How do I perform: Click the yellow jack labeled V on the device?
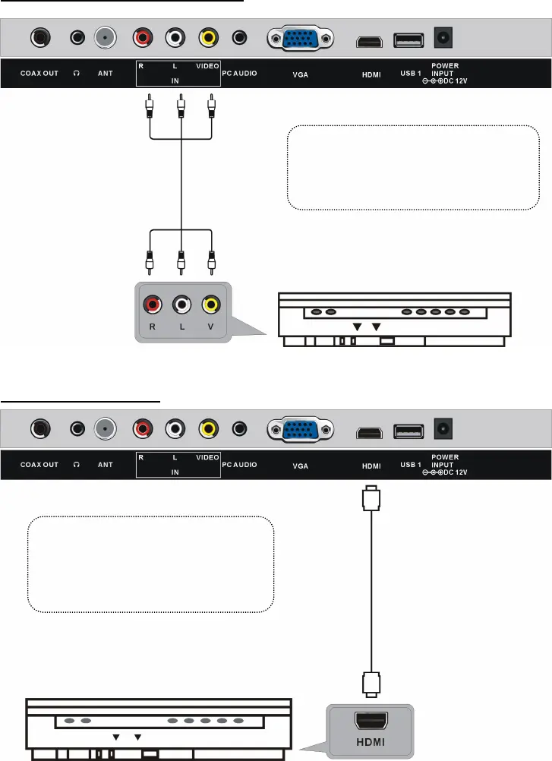[211, 305]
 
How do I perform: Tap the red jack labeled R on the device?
[153, 305]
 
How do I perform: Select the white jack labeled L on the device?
[181, 305]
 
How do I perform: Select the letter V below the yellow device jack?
[211, 330]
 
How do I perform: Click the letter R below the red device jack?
[153, 330]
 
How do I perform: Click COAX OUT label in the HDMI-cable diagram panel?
[39, 463]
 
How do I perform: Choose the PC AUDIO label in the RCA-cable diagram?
[239, 75]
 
